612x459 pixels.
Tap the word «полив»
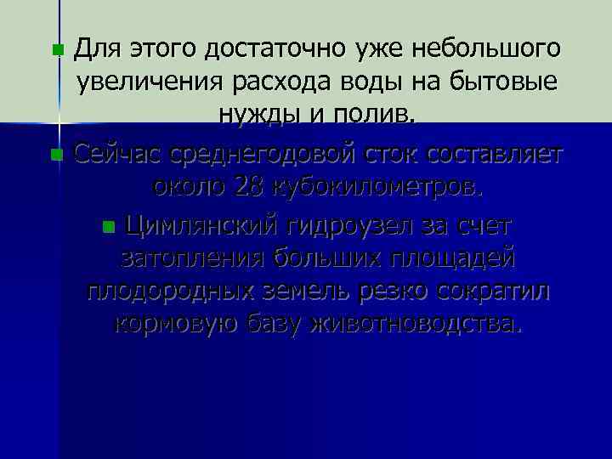pos(373,116)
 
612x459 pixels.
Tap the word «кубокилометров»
pos(390,187)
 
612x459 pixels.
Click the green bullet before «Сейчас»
pos(56,156)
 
